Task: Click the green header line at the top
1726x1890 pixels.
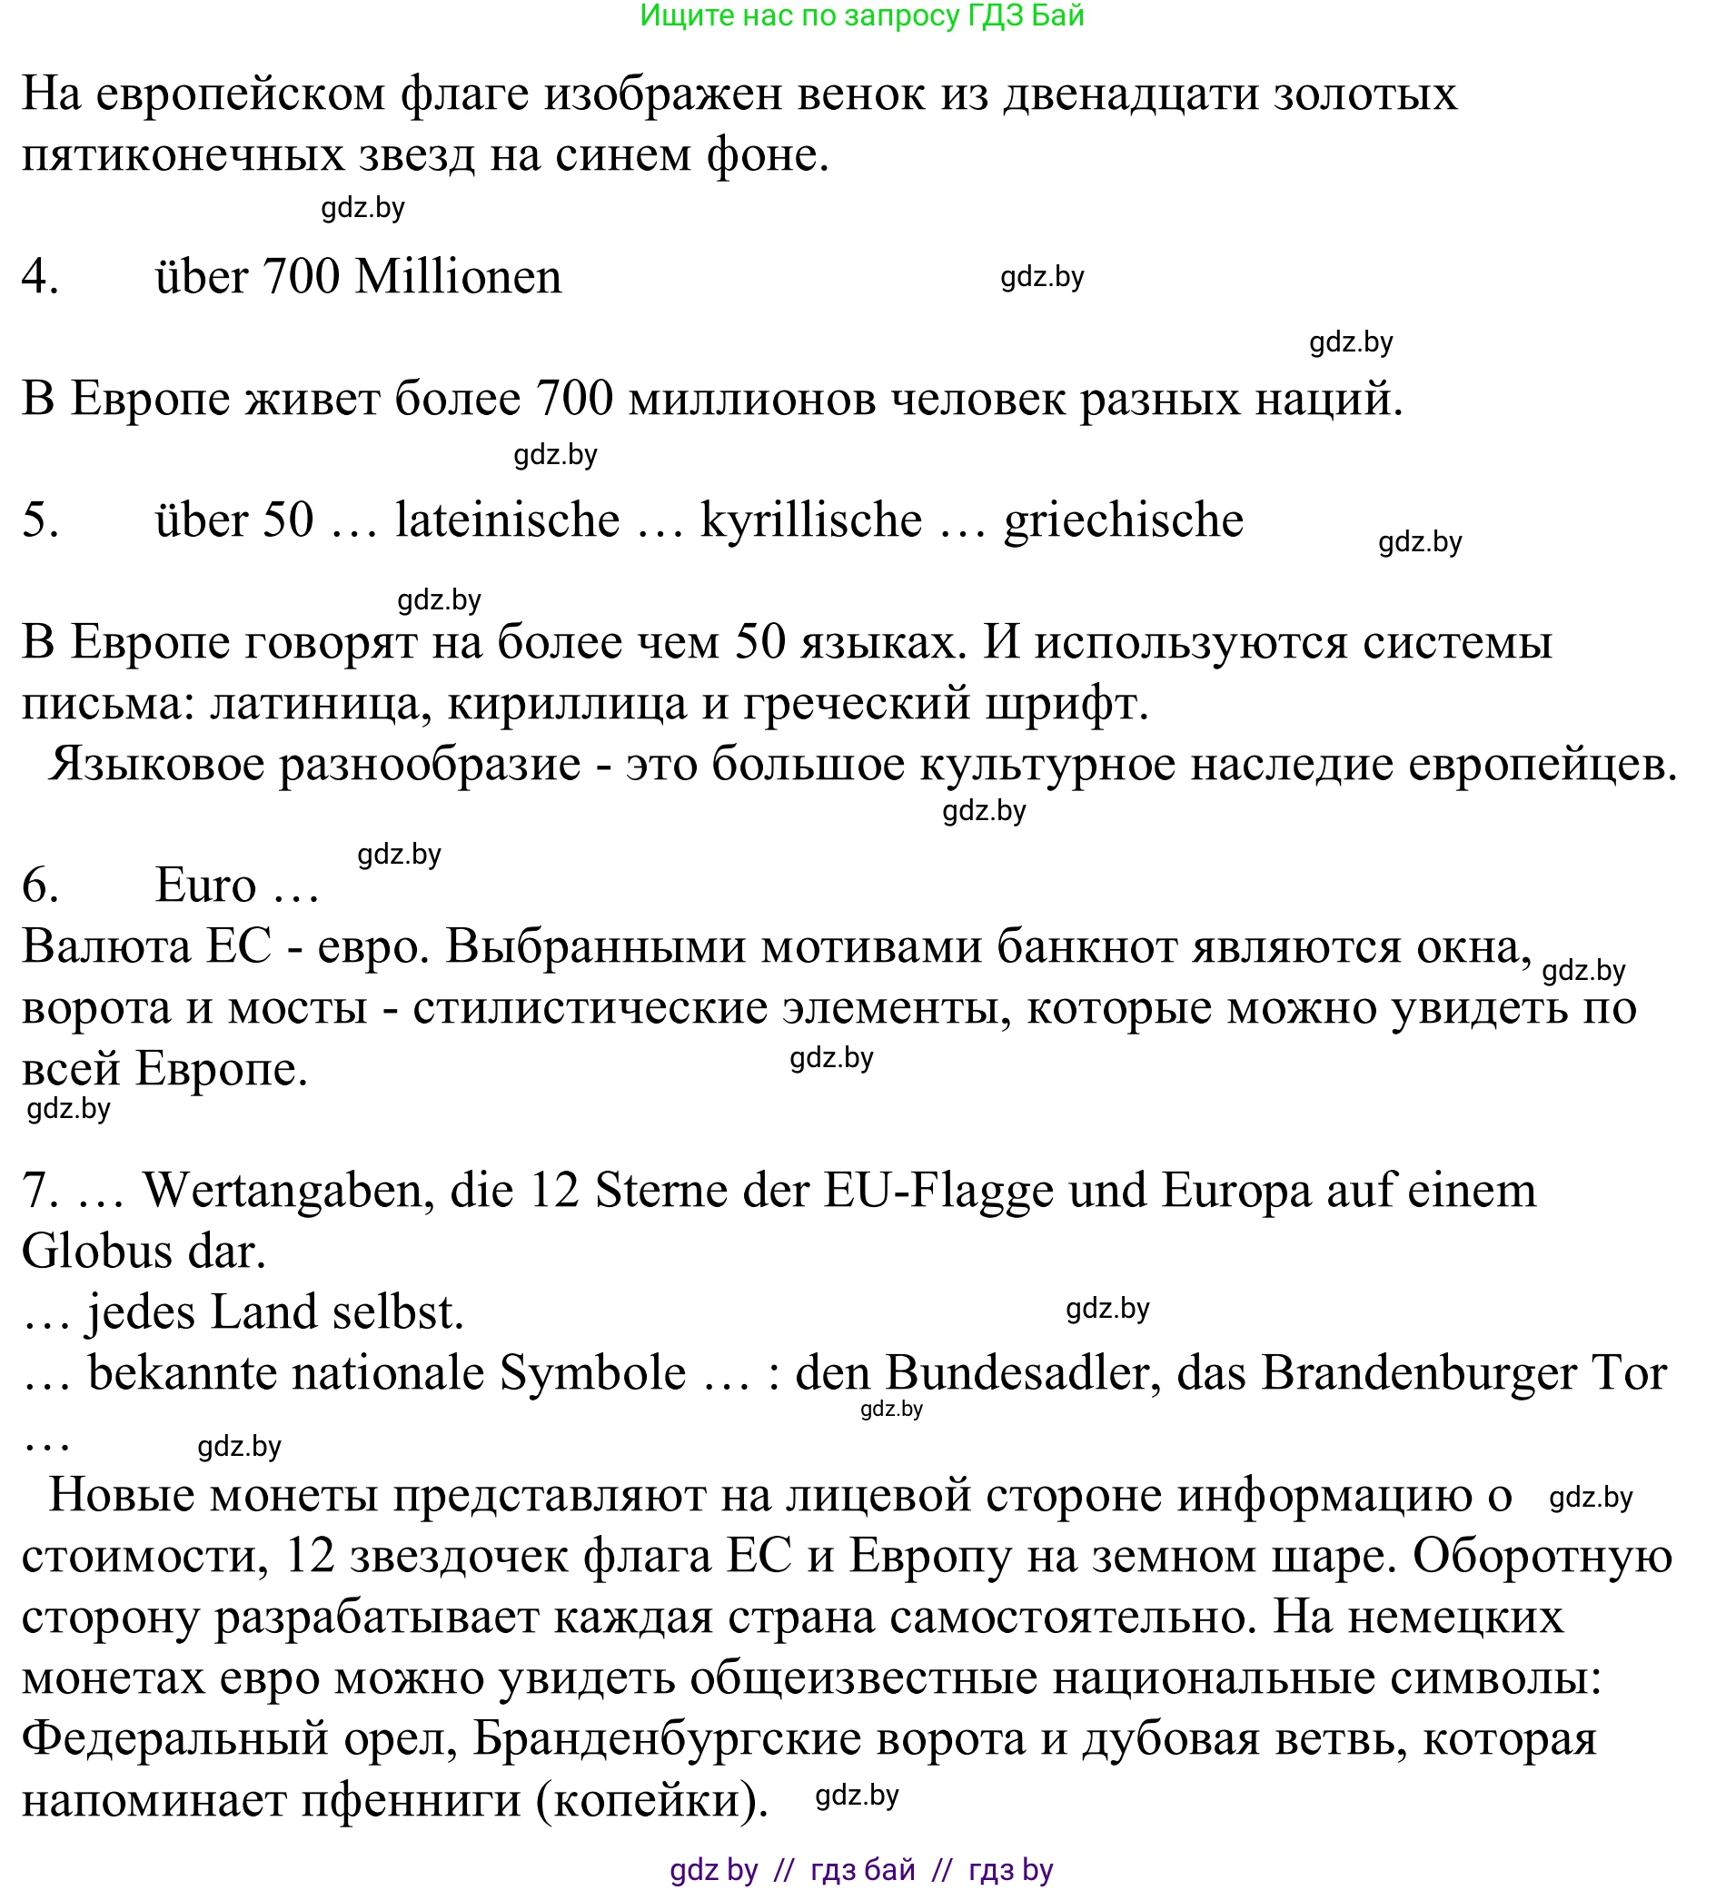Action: point(861,16)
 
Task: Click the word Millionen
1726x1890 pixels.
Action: point(459,277)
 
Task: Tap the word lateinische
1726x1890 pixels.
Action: point(507,520)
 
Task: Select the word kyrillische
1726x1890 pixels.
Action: point(811,520)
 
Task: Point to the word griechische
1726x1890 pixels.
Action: point(1123,520)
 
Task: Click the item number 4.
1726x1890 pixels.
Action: point(40,277)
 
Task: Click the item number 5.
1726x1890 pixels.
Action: point(40,520)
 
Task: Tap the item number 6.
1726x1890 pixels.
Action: point(40,885)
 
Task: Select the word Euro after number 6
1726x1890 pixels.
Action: point(205,885)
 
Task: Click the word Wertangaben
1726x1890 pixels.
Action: point(288,1191)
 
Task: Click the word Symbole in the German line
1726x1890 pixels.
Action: point(592,1373)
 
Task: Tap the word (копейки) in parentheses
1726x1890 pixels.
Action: point(651,1800)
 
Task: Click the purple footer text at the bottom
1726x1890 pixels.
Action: point(861,1869)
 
